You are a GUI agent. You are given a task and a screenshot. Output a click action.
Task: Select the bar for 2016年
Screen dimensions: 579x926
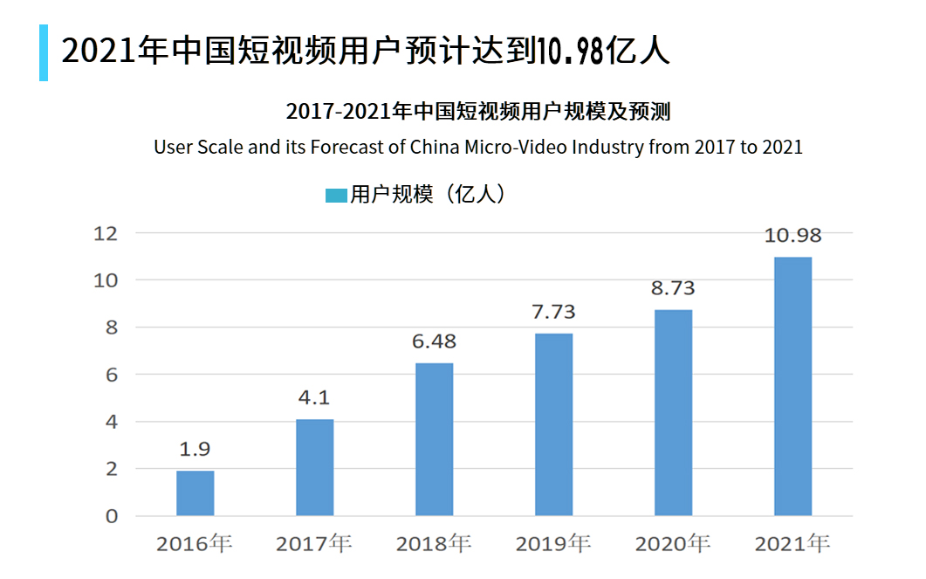coord(195,493)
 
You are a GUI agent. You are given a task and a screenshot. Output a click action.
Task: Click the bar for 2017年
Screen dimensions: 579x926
coord(314,467)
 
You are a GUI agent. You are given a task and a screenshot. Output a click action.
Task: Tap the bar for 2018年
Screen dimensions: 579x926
coord(434,439)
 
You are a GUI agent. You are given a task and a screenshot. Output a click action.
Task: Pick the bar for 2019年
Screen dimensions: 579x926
coord(553,424)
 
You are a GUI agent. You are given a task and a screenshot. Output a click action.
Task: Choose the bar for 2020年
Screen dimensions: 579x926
coord(673,412)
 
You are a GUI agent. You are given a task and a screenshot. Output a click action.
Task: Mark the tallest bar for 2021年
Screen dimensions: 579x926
coord(792,386)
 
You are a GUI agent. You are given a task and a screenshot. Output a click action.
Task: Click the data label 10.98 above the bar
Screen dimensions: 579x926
coord(792,236)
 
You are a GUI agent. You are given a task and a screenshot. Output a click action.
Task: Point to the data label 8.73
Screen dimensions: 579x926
coord(673,288)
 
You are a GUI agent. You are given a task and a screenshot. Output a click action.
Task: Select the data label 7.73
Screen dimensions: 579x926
coord(553,312)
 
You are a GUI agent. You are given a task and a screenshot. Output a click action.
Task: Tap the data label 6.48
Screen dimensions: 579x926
coord(434,341)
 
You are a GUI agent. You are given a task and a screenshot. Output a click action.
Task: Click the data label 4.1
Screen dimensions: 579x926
coord(314,397)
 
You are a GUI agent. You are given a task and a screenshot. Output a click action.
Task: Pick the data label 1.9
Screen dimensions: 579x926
coord(195,450)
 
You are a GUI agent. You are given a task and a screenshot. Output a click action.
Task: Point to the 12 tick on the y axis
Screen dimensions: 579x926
coord(106,233)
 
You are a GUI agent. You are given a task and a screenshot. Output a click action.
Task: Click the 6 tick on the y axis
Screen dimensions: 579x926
coord(111,375)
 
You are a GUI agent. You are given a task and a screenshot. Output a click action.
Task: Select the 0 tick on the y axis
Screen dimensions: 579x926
coord(111,516)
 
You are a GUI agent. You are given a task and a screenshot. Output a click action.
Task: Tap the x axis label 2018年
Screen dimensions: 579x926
coord(434,544)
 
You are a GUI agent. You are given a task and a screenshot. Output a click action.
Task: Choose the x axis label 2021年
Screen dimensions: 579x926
coord(792,544)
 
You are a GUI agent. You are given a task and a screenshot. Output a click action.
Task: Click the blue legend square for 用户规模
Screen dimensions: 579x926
coord(336,196)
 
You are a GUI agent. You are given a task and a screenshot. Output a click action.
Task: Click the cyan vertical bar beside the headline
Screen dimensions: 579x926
coord(44,52)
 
